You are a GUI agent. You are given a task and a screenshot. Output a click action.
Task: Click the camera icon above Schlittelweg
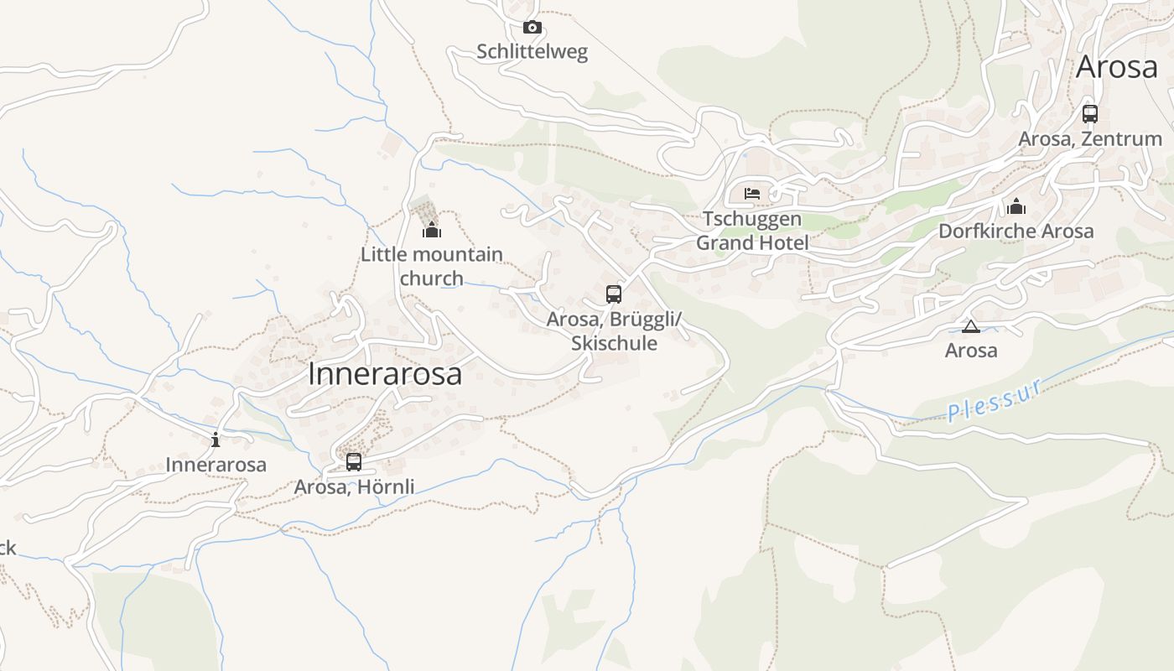(532, 28)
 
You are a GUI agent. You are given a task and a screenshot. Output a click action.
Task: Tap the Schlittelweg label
(532, 52)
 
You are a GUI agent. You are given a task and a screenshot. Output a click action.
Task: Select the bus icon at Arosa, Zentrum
(1089, 114)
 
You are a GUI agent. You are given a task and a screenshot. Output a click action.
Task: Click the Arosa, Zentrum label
(1089, 139)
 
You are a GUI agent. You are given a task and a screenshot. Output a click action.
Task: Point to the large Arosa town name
(1116, 67)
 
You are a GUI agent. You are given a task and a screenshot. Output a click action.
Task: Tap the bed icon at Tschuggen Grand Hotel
(752, 194)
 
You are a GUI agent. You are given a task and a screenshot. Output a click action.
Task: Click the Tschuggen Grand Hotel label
(752, 231)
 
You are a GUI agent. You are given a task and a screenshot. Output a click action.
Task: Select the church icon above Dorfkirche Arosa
(1016, 206)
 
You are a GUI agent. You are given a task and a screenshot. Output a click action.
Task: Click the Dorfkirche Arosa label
(1016, 231)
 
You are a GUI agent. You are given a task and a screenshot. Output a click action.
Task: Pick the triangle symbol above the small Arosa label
(971, 326)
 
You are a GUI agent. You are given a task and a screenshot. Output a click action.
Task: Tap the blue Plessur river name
(995, 400)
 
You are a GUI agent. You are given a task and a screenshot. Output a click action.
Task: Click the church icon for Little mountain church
(432, 229)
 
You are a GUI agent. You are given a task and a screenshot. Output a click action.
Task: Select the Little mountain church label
(432, 266)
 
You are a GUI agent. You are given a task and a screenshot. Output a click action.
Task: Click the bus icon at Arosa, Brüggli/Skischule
(614, 294)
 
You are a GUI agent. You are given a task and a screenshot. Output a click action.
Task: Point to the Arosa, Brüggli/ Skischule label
(614, 331)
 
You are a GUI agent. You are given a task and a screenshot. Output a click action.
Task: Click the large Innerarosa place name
(385, 374)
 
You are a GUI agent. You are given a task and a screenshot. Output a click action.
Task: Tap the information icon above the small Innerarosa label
(216, 440)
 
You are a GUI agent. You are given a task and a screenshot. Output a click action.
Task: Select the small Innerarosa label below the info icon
(216, 465)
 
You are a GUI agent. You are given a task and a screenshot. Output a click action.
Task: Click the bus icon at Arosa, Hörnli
(354, 461)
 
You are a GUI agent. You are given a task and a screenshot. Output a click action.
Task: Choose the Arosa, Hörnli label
(354, 486)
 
